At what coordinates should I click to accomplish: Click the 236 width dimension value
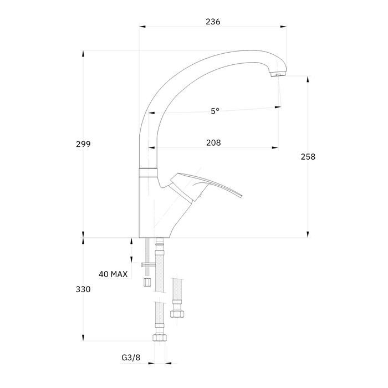click(x=213, y=22)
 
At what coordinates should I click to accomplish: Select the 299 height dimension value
click(x=83, y=144)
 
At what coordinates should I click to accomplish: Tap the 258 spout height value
click(x=308, y=157)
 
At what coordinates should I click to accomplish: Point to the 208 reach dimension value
click(x=213, y=143)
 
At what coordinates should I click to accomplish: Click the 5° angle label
click(x=215, y=111)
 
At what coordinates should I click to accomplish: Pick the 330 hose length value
click(x=83, y=289)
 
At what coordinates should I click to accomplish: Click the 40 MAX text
click(x=113, y=274)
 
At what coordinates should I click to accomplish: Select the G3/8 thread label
click(x=131, y=358)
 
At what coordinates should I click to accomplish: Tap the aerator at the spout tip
click(x=278, y=74)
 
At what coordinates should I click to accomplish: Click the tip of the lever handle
click(x=242, y=196)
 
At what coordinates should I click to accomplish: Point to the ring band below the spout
click(x=148, y=173)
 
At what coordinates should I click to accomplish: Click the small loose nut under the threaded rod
click(x=147, y=282)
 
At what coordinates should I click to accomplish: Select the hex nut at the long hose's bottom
click(x=160, y=338)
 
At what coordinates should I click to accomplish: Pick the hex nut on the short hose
click(x=177, y=314)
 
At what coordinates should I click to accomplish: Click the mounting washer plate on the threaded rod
click(x=148, y=265)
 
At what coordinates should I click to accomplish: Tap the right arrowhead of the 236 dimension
click(x=283, y=26)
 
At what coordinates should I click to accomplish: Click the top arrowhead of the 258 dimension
click(x=308, y=79)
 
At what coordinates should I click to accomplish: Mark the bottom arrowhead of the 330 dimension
click(x=83, y=338)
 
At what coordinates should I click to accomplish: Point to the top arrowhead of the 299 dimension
click(x=83, y=54)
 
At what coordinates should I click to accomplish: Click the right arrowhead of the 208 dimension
click(x=275, y=148)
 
